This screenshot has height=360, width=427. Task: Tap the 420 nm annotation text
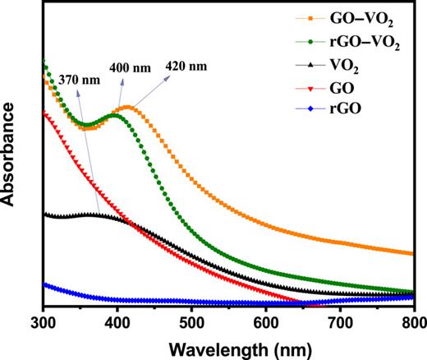(x=185, y=67)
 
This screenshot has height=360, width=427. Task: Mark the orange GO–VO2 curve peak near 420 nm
(x=126, y=108)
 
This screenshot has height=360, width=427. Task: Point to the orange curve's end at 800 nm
(x=414, y=254)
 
